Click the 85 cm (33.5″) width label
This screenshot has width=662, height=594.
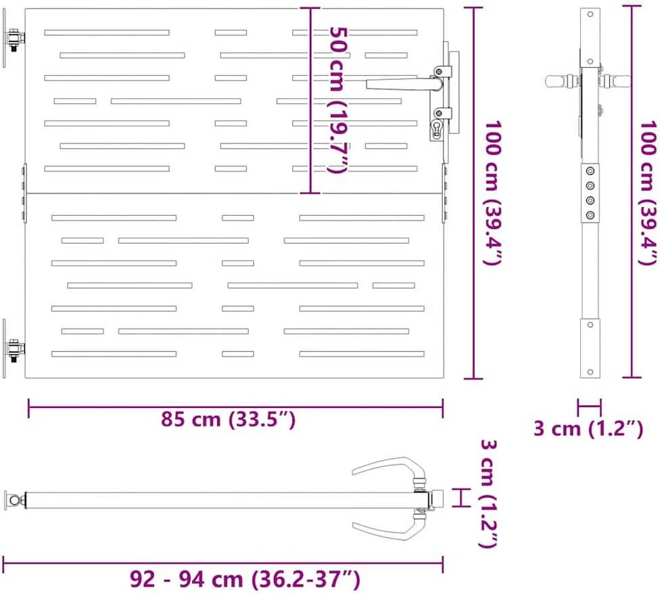tap(228, 419)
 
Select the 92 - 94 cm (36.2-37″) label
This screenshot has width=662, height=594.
tap(245, 579)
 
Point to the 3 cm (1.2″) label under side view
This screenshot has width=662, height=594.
tap(588, 428)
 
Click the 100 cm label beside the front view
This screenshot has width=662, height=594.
tap(492, 193)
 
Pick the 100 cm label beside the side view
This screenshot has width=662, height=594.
tap(648, 193)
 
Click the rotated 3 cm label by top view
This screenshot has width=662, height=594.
tap(489, 493)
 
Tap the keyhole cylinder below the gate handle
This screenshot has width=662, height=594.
tap(436, 128)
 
